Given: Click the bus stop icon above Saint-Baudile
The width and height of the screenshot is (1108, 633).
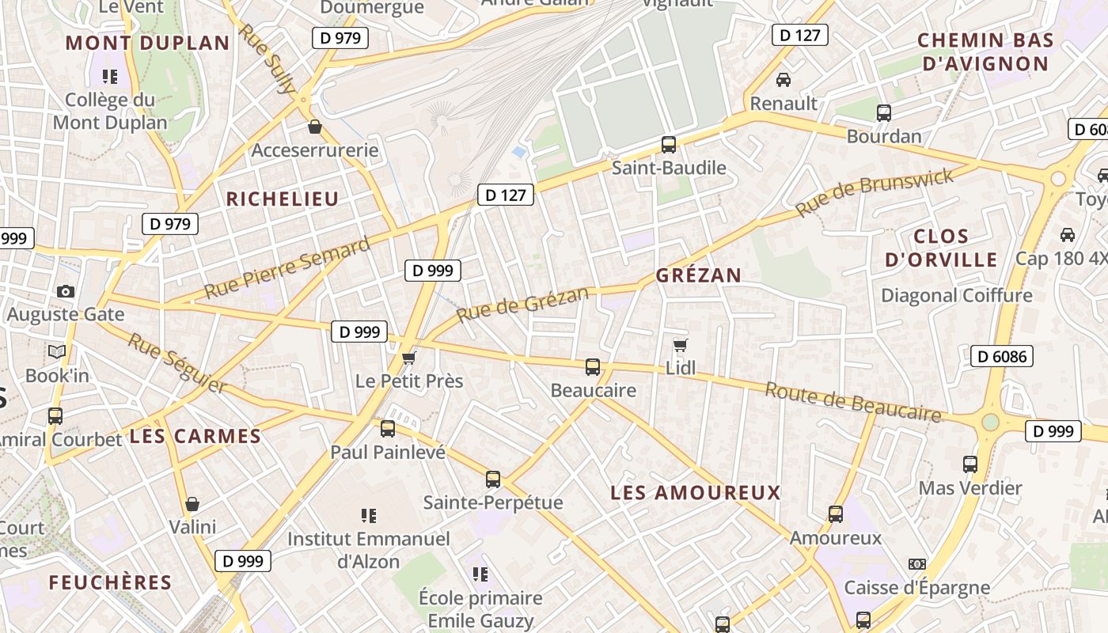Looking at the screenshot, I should coord(669,145).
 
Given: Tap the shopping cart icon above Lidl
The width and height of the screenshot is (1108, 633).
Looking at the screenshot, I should coord(680,346).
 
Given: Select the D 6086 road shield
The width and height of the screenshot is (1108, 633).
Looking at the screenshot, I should coord(1002,356).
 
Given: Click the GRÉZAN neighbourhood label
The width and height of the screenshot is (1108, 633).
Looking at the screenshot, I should coord(699,275).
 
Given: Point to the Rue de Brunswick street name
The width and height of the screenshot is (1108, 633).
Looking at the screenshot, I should coord(875,192).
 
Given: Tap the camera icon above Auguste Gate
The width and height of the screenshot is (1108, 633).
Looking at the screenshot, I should coord(66,291).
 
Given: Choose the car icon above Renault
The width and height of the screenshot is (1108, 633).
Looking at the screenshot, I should coord(784,80).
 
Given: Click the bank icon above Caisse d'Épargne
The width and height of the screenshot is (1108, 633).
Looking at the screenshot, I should coord(917,564).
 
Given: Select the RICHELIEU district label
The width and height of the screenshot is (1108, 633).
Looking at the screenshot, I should coord(283,199).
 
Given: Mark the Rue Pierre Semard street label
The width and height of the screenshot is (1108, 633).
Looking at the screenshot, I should coord(286,267).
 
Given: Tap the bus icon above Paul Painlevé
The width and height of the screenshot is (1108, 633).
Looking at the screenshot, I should coord(388,429).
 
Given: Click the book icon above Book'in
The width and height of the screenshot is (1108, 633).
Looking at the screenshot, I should coord(57,351).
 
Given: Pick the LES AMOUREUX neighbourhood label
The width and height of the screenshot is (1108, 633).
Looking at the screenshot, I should coord(696,493).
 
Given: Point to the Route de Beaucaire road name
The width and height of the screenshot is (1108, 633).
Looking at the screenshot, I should coord(853,402).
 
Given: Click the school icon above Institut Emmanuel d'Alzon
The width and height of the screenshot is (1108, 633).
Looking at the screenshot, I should coord(368,516).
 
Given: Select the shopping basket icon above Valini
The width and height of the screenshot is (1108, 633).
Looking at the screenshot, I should coord(192,504).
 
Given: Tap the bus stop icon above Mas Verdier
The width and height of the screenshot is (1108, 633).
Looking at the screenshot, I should coord(970,464).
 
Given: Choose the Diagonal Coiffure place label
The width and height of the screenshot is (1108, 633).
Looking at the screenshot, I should coord(957,296).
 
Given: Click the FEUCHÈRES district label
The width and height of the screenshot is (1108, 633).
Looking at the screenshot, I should coord(110,583).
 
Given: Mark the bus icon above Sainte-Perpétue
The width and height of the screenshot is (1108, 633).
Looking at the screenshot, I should coord(493,479).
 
